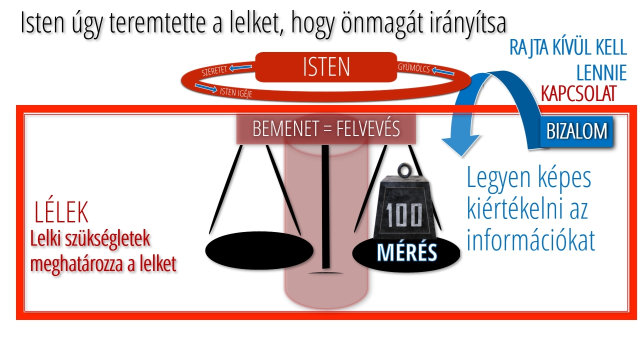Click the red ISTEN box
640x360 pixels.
point(326,67)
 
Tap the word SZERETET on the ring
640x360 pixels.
point(214,70)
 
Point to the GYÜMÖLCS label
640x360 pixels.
point(413,68)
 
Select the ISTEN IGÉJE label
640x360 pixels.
point(236,92)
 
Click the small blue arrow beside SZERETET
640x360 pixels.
point(240,67)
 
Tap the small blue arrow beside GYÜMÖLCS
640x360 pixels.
point(443,71)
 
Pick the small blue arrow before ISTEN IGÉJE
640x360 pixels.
point(205,88)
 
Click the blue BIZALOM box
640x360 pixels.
point(576,131)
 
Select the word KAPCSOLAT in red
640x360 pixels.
point(578,93)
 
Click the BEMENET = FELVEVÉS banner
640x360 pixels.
point(326,129)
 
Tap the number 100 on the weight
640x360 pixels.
point(403,215)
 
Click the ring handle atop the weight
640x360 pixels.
point(404,170)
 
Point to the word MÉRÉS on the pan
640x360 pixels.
point(407,252)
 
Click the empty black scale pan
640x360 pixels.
point(259,250)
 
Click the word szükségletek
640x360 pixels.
point(107,239)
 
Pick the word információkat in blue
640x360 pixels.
point(530,240)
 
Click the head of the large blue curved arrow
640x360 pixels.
point(460,145)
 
